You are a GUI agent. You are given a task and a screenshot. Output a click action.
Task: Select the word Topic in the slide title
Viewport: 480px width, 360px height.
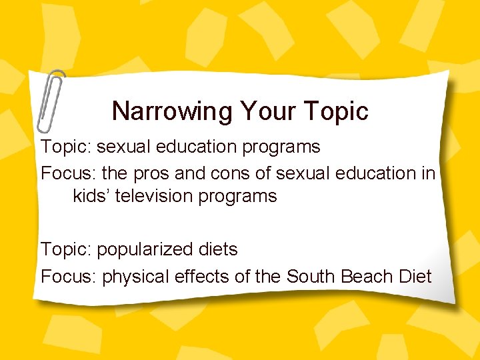coord(335,111)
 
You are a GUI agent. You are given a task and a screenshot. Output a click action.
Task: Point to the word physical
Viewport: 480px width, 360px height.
coord(136,276)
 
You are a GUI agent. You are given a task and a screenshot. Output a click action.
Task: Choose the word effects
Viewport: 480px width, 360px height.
coord(199,276)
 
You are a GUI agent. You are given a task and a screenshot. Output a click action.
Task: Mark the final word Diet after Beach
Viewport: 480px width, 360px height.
coord(413,276)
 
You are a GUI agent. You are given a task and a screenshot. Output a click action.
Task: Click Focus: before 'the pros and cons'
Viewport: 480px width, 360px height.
coord(69,173)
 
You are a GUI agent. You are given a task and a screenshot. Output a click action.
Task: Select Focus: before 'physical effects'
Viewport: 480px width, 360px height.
coord(69,276)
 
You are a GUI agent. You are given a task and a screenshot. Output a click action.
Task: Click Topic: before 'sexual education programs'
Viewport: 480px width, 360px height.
coord(66,147)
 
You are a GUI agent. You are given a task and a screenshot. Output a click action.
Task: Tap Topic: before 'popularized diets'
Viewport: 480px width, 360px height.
coord(66,249)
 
